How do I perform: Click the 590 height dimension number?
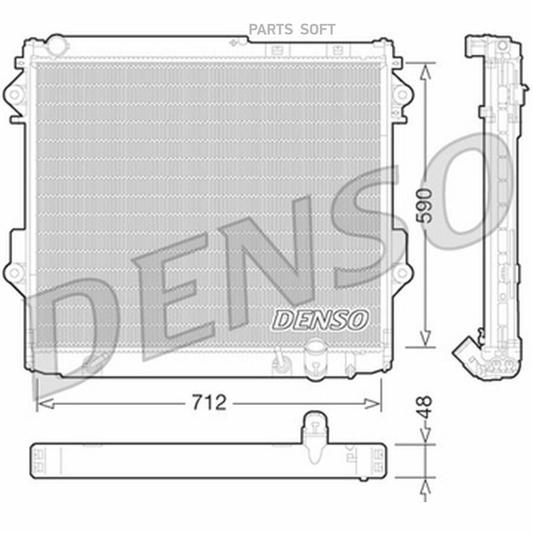pyautogui.click(x=426, y=206)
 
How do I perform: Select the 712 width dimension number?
pyautogui.click(x=208, y=403)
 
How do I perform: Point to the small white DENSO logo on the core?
pyautogui.click(x=320, y=320)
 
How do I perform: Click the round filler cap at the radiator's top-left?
pyautogui.click(x=57, y=44)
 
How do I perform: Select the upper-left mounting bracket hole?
pyautogui.click(x=14, y=94)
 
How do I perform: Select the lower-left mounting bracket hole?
pyautogui.click(x=14, y=272)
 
